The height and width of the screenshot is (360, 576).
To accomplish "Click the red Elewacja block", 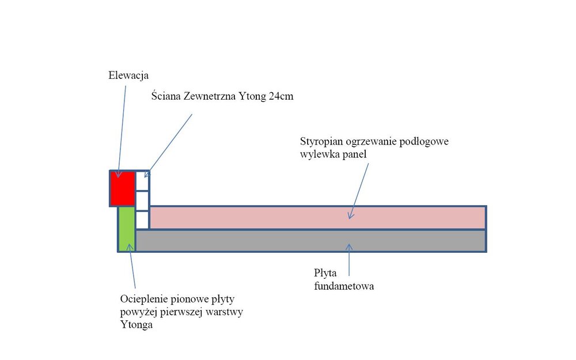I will [122, 188].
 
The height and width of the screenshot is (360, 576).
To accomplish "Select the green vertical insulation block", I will [126, 229].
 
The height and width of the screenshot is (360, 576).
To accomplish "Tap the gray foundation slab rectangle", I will [311, 241].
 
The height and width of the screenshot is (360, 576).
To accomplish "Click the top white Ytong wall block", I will [142, 181].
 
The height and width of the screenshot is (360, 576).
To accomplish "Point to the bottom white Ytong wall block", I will [142, 219].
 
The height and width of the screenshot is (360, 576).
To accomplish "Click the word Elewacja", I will [128, 75].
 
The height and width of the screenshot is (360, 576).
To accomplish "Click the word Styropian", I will [321, 142].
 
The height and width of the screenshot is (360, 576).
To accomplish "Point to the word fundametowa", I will [344, 286].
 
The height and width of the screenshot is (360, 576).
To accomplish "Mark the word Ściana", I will [166, 96].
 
